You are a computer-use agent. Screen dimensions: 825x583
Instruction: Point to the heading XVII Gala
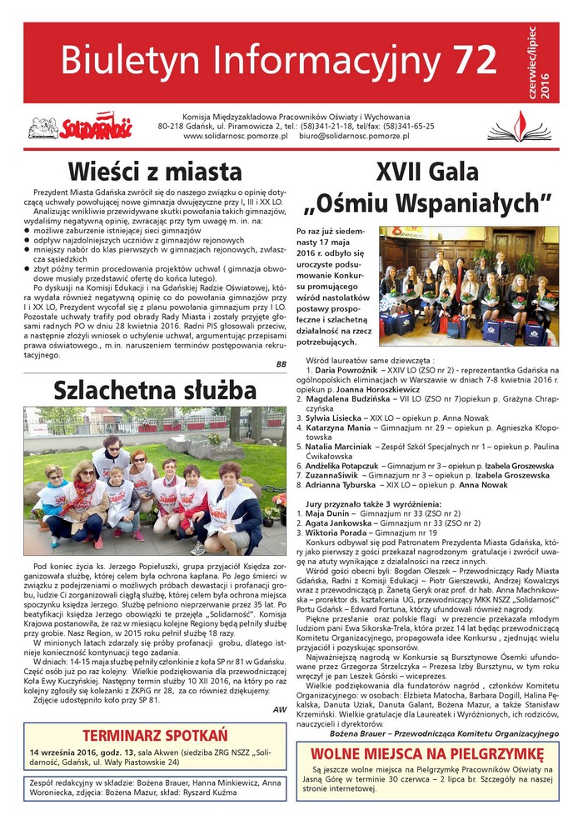(x=427, y=170)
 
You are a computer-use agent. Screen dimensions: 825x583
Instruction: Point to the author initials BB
(x=280, y=364)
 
